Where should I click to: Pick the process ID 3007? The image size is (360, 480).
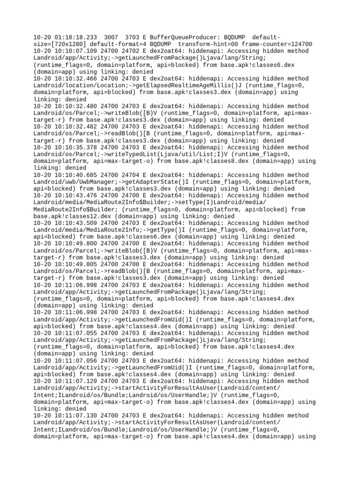(111, 37)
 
